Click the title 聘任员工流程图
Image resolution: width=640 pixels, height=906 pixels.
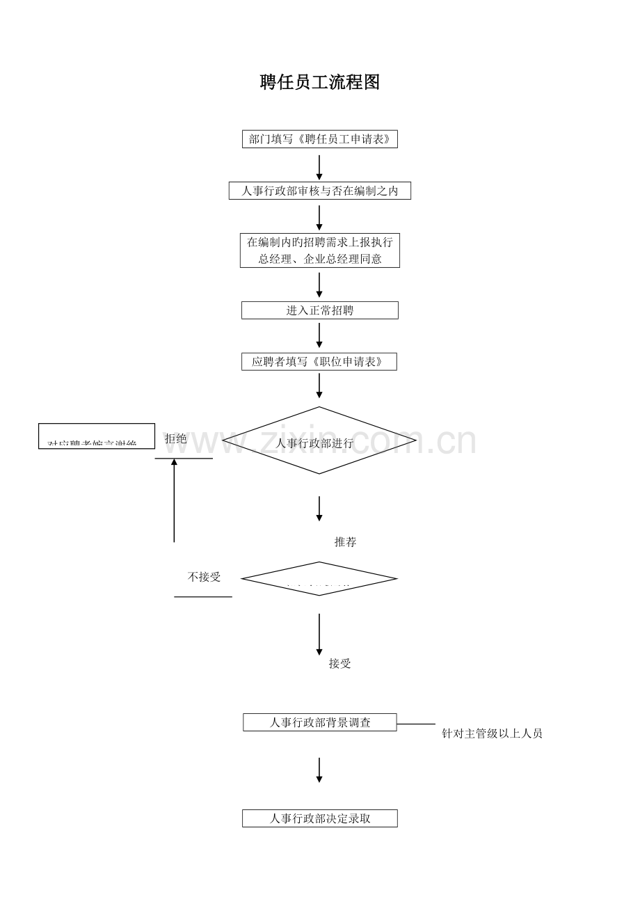pos(320,82)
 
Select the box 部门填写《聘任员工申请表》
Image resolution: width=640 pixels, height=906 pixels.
pos(319,139)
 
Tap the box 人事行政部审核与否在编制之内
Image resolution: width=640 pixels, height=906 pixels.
pos(319,191)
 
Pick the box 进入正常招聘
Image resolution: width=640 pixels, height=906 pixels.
pos(319,310)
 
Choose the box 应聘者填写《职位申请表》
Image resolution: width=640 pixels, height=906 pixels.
pos(319,362)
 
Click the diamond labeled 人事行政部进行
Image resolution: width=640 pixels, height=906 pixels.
pos(319,441)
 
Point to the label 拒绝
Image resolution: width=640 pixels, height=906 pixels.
pos(176,439)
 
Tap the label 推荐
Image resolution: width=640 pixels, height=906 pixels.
pos(345,542)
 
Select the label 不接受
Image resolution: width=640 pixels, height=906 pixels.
pos(204,577)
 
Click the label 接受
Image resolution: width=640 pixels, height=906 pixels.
pos(339,664)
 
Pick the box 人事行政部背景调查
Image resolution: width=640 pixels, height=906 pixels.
pos(319,722)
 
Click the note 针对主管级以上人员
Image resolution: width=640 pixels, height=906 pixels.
pos(492,733)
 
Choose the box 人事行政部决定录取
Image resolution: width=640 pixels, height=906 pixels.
pos(319,818)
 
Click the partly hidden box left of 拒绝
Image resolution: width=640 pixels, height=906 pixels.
pos(97,436)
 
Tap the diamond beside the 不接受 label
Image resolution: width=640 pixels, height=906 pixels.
pos(319,579)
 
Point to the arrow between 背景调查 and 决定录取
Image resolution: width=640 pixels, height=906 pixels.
pos(319,770)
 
